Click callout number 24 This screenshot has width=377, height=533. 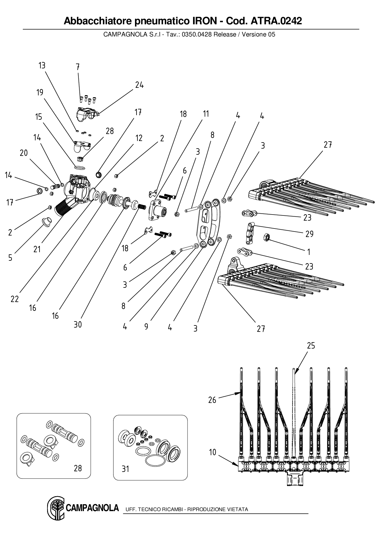point(139,85)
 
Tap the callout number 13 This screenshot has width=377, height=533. point(42,66)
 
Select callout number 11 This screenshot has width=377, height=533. point(206,114)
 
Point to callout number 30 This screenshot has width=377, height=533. point(78,325)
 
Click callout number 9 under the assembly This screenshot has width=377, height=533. point(146,327)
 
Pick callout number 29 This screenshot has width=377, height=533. point(310,234)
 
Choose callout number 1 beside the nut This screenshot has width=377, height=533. point(309,252)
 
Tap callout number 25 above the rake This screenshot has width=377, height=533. point(311,346)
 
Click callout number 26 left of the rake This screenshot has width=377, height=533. point(212,400)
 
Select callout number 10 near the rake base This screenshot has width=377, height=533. point(213,452)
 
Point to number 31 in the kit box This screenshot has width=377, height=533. point(125,469)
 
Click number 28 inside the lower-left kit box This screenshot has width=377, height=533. point(78,468)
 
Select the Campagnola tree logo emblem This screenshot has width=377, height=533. point(55,508)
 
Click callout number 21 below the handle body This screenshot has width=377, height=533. point(37,249)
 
